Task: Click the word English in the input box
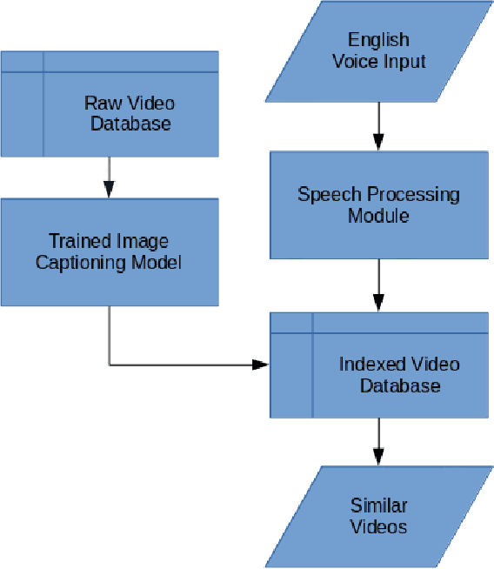pos(378,40)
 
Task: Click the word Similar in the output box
pos(378,505)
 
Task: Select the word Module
pos(378,215)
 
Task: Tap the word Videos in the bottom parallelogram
pos(378,526)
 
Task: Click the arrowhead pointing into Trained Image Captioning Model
pos(109,189)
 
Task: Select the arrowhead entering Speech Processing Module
pos(378,142)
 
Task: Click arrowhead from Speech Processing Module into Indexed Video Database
pos(378,303)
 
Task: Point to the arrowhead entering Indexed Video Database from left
pos(261,364)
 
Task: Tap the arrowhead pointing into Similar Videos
pos(378,457)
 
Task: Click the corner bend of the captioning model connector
pos(109,364)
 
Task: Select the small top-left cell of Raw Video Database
pos(23,62)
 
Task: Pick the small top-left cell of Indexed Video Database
pos(291,322)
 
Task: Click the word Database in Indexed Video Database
pos(400,385)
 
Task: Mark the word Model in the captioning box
pos(158,262)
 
